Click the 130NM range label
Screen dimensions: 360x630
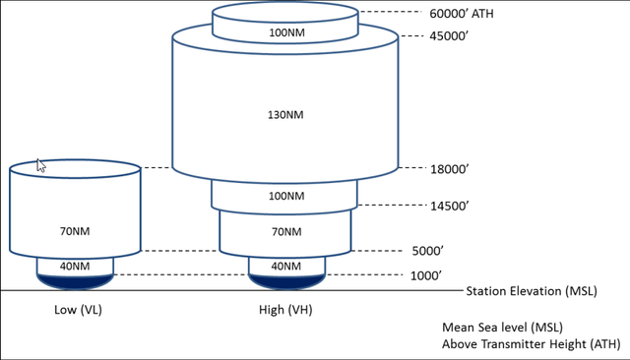[x=285, y=115]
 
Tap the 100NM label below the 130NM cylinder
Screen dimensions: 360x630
[x=285, y=196]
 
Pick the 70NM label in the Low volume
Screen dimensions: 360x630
[x=75, y=232]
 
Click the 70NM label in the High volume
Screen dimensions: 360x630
[x=285, y=232]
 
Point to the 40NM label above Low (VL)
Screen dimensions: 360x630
[x=75, y=267]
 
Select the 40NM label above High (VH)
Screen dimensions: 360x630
[x=285, y=267]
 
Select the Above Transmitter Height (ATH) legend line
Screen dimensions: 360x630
[x=532, y=344]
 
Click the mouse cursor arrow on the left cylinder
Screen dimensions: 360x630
[x=40, y=165]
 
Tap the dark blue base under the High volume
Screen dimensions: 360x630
[x=285, y=282]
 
